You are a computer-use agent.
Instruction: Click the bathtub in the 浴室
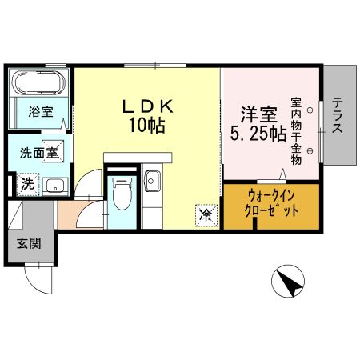point(40,82)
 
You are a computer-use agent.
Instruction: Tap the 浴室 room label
point(41,112)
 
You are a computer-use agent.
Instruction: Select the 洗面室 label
point(39,153)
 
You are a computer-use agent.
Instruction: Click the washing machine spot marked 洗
point(28,185)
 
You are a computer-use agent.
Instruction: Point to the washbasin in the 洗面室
point(55,186)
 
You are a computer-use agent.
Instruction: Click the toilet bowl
point(122,194)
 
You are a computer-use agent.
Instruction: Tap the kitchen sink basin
point(152,182)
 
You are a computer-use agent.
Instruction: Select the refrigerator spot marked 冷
point(206,215)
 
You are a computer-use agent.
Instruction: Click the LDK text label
point(148,106)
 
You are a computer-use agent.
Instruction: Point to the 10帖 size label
point(147,125)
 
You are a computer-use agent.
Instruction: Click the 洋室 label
point(259,114)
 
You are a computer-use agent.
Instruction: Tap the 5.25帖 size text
point(258,134)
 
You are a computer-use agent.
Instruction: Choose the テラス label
point(338,115)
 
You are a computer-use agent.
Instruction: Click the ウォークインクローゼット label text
point(271,204)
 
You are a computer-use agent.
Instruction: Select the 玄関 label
point(29,243)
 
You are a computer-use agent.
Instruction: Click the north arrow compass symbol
point(288,281)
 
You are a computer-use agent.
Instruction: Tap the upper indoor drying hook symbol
point(310,110)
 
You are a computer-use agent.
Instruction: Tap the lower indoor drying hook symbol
point(310,151)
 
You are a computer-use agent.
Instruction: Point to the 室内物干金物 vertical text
point(296,131)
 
